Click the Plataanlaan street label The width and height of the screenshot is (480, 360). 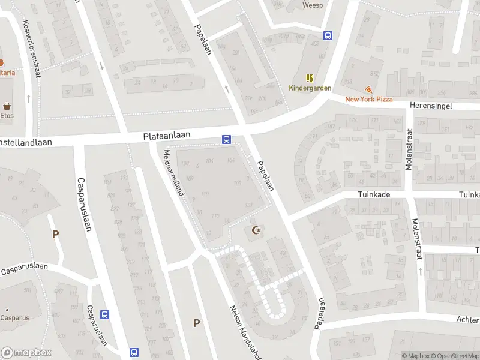167,136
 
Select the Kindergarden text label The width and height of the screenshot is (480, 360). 310,88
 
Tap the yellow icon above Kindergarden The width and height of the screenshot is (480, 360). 310,78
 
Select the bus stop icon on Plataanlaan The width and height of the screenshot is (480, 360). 226,140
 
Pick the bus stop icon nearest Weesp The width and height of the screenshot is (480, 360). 328,35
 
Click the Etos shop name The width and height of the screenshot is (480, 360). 7,115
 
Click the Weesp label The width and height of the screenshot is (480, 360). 313,5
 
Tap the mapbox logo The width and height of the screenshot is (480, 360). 26,353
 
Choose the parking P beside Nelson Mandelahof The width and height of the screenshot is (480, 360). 196,323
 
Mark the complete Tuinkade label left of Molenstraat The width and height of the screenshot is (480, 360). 374,194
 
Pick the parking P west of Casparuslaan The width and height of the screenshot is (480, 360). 56,235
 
